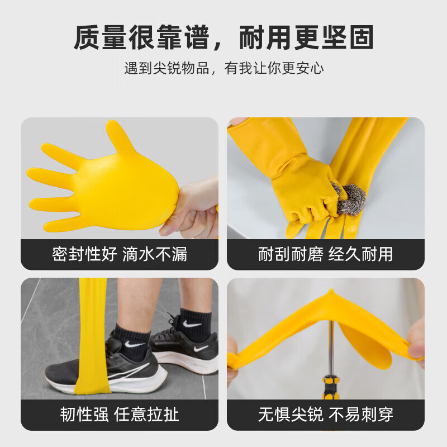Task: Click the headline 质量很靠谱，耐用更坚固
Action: tap(223, 38)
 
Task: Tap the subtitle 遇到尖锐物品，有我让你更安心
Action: tap(223, 69)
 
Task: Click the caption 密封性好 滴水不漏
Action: tap(120, 255)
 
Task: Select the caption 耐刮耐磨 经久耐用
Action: tap(325, 255)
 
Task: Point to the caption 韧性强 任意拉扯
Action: tap(120, 414)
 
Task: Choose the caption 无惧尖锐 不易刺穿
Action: tap(325, 414)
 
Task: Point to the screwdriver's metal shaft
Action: tap(331, 341)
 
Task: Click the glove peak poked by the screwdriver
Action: tap(331, 293)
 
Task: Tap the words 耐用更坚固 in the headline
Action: tap(306, 38)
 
